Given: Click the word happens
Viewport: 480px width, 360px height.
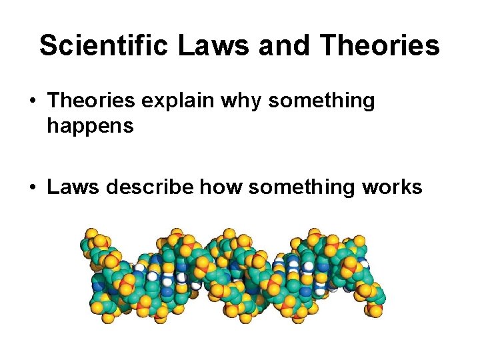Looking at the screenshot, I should click(x=90, y=127).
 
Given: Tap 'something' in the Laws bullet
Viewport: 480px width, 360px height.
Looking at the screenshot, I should click(x=298, y=187).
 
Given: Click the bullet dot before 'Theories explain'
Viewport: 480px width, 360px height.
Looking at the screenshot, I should click(x=33, y=102).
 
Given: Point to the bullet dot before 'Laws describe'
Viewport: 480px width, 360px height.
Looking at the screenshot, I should click(x=33, y=188).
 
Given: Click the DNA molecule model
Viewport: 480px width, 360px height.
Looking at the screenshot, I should click(x=233, y=273).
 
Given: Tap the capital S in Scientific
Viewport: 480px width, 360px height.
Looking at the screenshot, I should click(x=49, y=46).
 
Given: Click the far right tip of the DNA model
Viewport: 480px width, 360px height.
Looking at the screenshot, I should click(x=381, y=293).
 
